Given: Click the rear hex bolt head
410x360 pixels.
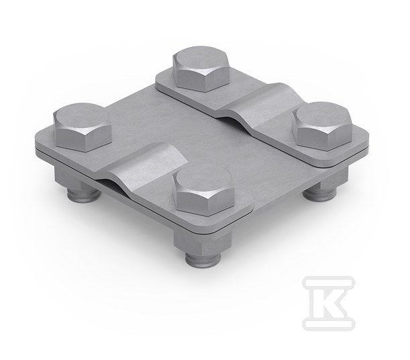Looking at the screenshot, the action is pyautogui.click(x=201, y=69).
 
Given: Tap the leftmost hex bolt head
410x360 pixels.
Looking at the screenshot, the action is pyautogui.click(x=83, y=127).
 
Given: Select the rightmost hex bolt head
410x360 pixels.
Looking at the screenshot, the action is pyautogui.click(x=323, y=126).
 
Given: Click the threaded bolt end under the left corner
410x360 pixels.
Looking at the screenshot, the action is pyautogui.click(x=84, y=194).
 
